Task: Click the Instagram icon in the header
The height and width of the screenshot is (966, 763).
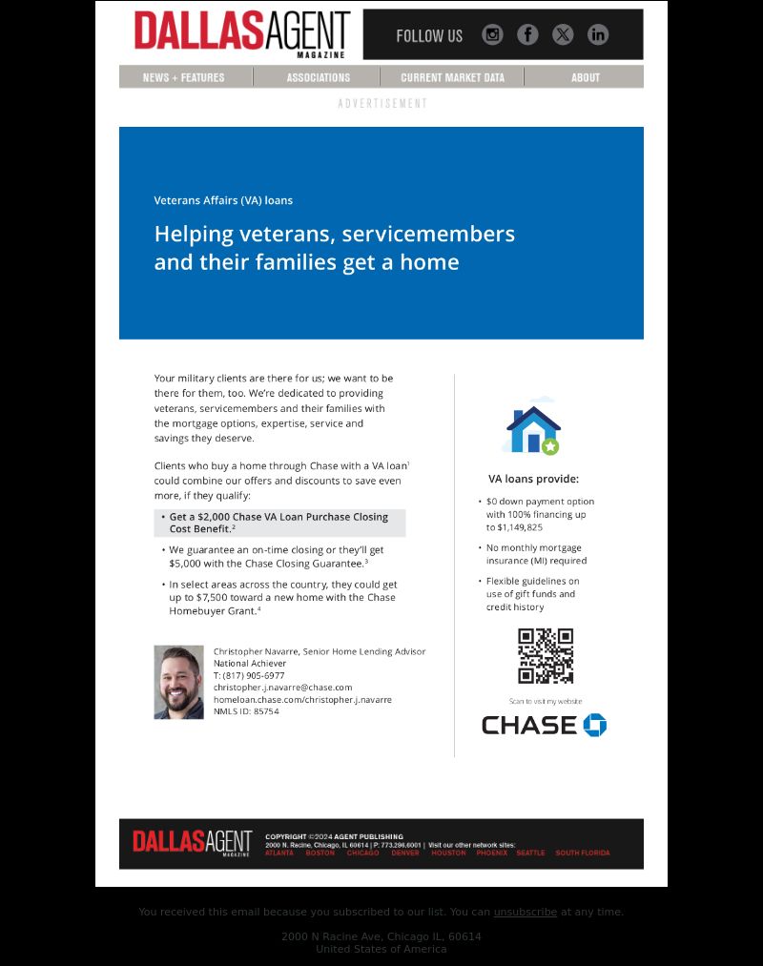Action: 492,35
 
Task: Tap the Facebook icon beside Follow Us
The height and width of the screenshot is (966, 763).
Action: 527,35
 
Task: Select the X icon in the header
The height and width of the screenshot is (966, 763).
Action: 563,35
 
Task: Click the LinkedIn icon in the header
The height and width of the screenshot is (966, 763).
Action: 598,35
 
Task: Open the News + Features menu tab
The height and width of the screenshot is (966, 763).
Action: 184,77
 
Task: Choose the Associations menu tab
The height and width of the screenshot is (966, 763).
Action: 318,77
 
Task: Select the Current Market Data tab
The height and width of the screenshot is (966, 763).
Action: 452,77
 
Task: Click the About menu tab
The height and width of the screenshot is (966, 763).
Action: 586,77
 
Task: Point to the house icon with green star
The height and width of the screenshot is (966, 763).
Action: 532,430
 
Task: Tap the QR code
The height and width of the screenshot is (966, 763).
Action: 546,656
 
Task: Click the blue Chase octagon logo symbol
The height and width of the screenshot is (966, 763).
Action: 595,725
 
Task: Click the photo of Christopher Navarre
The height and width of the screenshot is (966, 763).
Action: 179,682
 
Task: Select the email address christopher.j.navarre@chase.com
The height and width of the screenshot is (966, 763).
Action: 282,687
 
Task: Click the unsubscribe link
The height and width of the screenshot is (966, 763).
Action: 525,912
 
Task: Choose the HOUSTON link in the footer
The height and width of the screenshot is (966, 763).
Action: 448,853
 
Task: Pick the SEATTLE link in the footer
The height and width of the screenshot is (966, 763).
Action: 530,853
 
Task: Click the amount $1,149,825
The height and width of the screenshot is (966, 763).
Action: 520,527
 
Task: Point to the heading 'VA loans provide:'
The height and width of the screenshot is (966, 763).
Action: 533,479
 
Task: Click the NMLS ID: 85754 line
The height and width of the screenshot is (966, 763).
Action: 246,711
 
